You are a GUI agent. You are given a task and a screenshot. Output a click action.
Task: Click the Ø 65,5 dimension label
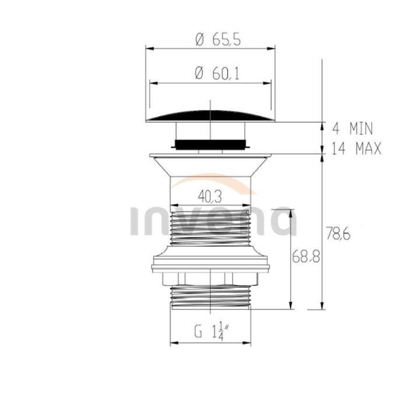click(218, 40)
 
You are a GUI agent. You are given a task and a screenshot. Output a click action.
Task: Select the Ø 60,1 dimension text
click(217, 73)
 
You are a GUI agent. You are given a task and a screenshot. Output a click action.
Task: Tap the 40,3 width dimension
click(210, 196)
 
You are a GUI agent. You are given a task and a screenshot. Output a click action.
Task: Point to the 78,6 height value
click(338, 234)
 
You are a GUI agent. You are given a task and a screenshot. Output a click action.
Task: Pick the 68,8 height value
click(305, 256)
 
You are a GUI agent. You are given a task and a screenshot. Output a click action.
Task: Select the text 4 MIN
click(353, 129)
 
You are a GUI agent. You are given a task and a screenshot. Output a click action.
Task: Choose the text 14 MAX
click(356, 149)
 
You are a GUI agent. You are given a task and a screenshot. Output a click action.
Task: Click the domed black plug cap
click(210, 116)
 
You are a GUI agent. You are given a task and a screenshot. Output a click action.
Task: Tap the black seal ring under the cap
click(210, 145)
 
